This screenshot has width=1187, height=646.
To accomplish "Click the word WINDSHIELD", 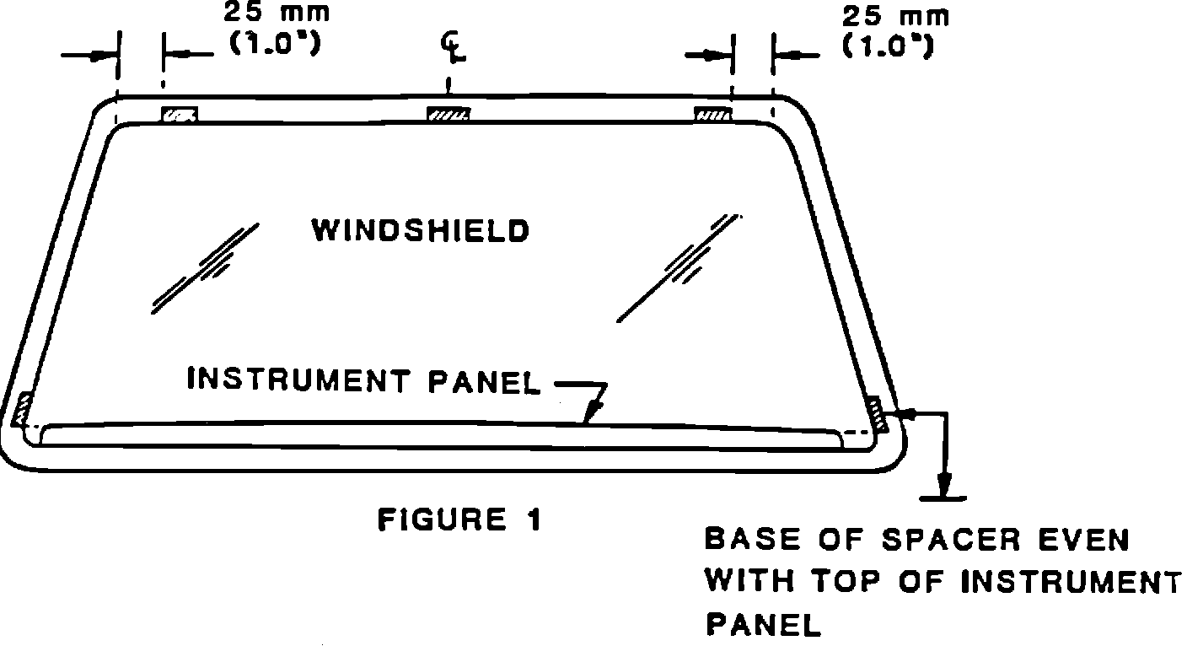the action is pos(420,231).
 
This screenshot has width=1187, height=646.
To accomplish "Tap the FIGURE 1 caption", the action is pos(459,519).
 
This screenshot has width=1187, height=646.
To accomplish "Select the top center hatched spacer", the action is pos(448,115).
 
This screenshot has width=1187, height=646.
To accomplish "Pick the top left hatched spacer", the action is pos(180,115).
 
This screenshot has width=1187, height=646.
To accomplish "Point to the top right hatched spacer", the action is pos(712,115).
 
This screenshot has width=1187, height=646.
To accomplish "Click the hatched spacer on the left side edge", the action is pos(23,410).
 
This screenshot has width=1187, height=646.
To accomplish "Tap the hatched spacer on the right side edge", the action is pos(878,412).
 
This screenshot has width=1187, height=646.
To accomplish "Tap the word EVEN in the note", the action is pos(1080,539).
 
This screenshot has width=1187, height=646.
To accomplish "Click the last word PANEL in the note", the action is pos(762,625).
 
